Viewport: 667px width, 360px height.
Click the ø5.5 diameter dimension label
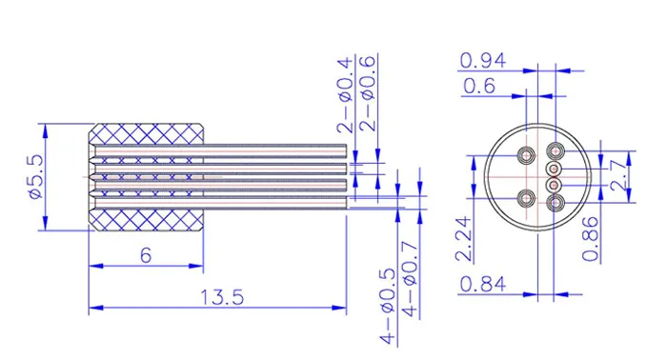[36, 177]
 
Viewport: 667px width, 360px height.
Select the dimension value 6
[146, 255]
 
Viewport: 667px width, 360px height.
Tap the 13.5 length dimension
[222, 297]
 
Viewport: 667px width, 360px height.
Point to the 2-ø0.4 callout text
[345, 95]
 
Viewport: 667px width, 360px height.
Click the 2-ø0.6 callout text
[368, 93]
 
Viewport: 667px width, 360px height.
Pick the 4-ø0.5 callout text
[388, 307]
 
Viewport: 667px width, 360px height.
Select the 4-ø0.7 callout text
[411, 280]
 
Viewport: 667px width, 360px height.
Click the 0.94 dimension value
[483, 61]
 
